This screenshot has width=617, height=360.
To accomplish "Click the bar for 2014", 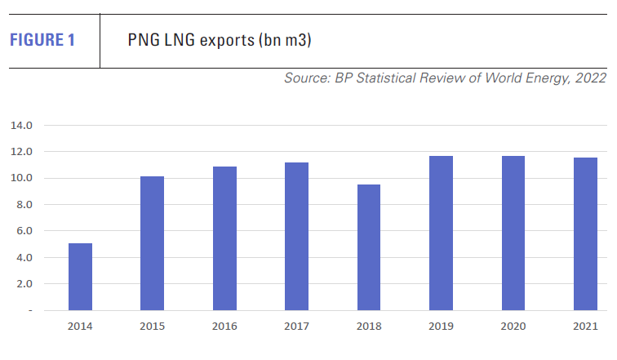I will [80, 277].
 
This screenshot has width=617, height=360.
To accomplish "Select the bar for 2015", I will [152, 243].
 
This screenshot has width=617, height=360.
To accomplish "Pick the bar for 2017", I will [296, 237].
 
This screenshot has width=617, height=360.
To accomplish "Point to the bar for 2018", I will [368, 247].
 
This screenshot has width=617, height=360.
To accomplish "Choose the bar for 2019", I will [441, 233].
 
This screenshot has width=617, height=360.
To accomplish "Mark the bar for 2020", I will [513, 233].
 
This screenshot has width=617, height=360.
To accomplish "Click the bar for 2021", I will [585, 234].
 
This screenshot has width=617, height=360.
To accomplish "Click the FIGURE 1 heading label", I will [42, 40].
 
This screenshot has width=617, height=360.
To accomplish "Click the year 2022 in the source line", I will [589, 78].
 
